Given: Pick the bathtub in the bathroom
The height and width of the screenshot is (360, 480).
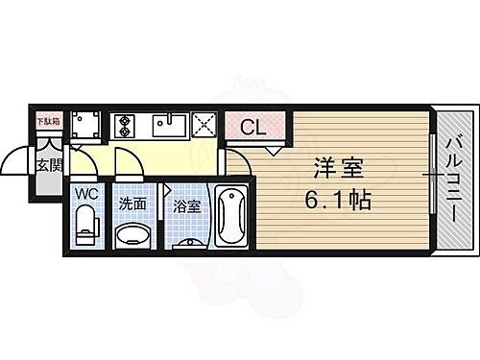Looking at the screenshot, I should pyautogui.click(x=230, y=216).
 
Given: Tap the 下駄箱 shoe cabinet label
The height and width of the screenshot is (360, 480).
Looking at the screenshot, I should pyautogui.click(x=47, y=120).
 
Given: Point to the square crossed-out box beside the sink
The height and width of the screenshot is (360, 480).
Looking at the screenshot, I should pyautogui.click(x=204, y=125).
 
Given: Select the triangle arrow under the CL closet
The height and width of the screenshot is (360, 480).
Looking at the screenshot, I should pyautogui.click(x=275, y=150).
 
